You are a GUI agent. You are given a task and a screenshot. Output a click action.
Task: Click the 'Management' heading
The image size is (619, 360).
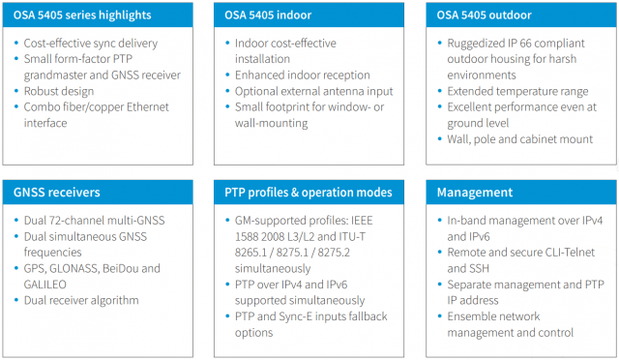coord(476,193)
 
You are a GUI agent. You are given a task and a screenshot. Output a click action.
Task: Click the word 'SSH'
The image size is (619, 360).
coord(459,269)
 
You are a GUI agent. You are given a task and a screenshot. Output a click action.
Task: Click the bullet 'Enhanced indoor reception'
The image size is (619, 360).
coord(302,75)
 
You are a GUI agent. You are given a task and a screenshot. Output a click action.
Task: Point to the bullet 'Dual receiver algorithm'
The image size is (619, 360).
coord(83,300)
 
